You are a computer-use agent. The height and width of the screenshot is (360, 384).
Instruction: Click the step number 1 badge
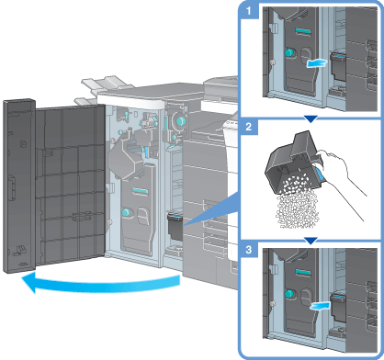pyautogui.click(x=249, y=11)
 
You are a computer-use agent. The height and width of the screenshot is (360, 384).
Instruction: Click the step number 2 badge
pyautogui.click(x=249, y=127)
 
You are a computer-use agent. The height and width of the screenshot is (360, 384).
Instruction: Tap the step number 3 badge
pyautogui.click(x=249, y=250)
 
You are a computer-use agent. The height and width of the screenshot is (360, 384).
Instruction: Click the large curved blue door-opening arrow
pyautogui.click(x=101, y=283)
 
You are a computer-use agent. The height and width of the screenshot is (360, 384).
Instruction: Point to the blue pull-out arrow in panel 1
pyautogui.click(x=317, y=63)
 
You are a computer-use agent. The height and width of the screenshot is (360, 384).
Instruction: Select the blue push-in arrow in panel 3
pyautogui.click(x=320, y=306)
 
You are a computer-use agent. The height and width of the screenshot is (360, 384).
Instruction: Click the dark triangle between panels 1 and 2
pyautogui.click(x=311, y=119)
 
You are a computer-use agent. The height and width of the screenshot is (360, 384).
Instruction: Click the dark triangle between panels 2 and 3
pyautogui.click(x=311, y=241)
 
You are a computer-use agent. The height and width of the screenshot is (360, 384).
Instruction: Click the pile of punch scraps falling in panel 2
pyautogui.click(x=297, y=205)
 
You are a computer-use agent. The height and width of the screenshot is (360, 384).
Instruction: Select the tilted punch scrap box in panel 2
pyautogui.click(x=295, y=165)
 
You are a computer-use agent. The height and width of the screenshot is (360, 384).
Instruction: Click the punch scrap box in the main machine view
pyautogui.click(x=175, y=227)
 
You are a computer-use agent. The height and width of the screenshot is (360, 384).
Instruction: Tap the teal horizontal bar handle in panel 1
pyautogui.click(x=303, y=31)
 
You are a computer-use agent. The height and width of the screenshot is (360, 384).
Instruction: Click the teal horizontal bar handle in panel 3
pyautogui.click(x=303, y=272)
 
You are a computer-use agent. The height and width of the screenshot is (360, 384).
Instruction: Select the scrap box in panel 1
pyautogui.click(x=338, y=67)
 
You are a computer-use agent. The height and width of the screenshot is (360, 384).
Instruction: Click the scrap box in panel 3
pyautogui.click(x=339, y=308)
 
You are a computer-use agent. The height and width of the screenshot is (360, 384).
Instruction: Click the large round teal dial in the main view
pyautogui.click(x=180, y=121)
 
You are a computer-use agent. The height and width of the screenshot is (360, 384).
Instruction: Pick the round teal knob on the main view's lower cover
pyautogui.click(x=126, y=212)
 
